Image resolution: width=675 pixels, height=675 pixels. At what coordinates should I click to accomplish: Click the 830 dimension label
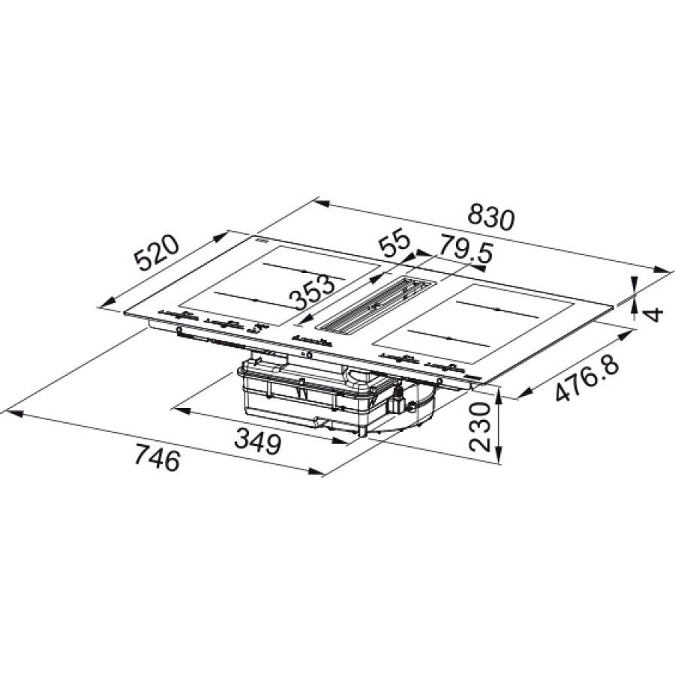[x=491, y=217]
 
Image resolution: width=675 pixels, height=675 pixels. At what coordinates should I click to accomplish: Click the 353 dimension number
[x=313, y=292]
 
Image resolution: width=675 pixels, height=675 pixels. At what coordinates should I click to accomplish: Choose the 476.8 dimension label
[x=586, y=374]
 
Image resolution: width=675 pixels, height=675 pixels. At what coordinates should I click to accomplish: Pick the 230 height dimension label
[x=480, y=426]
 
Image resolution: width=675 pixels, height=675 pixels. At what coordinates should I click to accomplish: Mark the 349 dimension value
[x=257, y=443]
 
